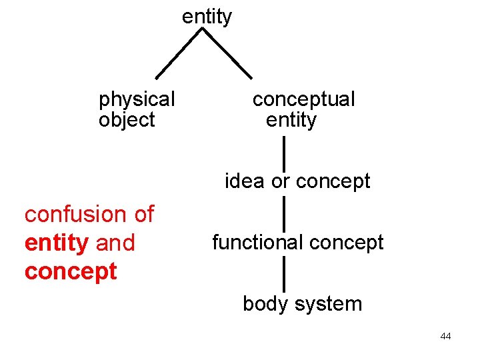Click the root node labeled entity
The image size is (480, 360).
207,17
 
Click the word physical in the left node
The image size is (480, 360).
137,99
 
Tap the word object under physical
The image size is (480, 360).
127,120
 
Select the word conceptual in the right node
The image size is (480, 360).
304,99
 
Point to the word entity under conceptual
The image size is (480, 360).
291,120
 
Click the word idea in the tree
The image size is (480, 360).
244,181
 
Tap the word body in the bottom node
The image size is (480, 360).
266,304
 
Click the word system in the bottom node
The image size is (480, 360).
328,305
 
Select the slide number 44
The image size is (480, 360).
446,336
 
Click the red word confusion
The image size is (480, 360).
76,214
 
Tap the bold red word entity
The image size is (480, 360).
57,243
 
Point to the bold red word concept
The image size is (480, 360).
71,272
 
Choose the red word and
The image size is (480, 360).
115,243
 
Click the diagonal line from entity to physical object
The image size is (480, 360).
179,53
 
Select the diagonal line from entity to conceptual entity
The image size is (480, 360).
227,53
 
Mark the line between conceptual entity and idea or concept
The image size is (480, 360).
284,154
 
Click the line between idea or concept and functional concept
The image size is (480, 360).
284,214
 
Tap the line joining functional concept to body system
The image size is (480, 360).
284,274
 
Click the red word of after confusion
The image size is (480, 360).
145,214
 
